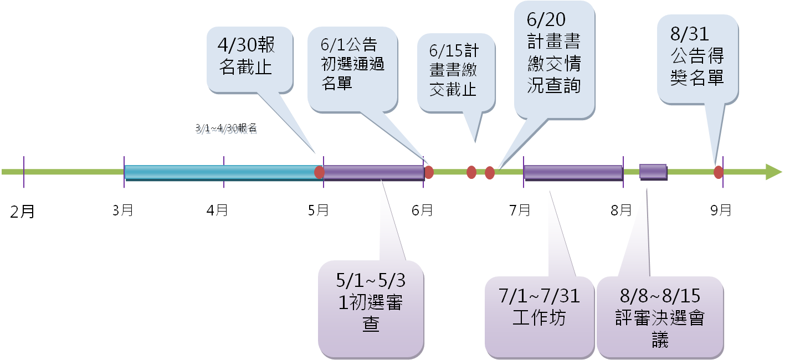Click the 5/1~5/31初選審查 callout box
point(371,308)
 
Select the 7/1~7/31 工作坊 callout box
point(539,313)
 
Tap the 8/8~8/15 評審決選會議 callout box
point(660,316)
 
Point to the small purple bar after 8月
point(653,171)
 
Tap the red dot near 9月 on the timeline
point(719,172)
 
